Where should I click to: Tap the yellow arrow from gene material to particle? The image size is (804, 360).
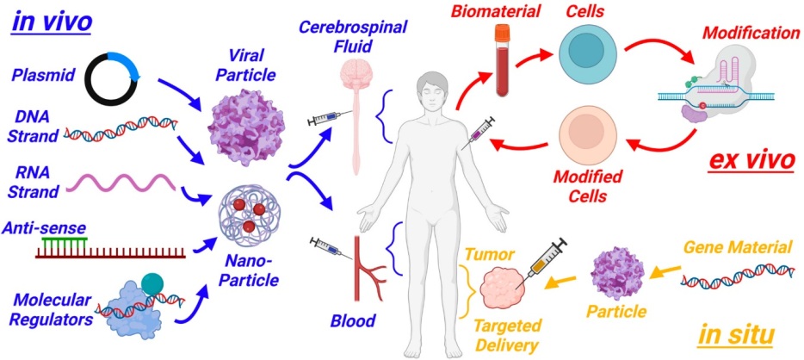pyautogui.click(x=666, y=272)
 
